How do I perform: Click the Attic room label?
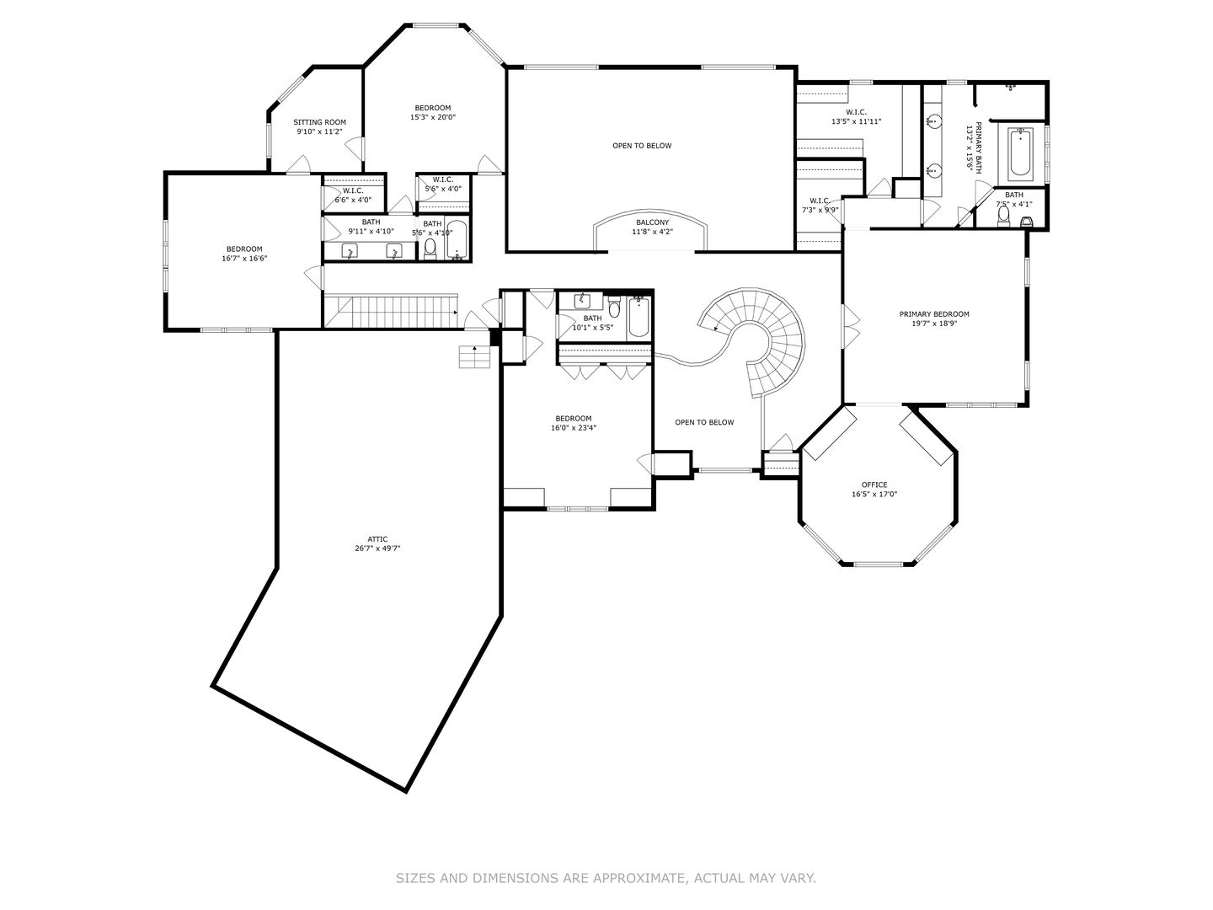coord(377,538)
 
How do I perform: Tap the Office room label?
coord(874,484)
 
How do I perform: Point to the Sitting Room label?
coord(319,122)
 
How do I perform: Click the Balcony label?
coord(652,222)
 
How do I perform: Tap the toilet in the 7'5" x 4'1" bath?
coord(1002,216)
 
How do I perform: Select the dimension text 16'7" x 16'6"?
coord(243,259)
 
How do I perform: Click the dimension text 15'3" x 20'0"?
coord(432,118)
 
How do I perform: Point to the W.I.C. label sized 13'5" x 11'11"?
coord(855,112)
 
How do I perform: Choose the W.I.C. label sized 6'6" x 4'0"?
coord(352,190)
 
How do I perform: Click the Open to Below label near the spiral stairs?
coord(704,422)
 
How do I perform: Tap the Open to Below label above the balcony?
coord(642,146)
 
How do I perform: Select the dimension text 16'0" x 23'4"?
coord(573,428)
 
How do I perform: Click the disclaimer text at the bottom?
coord(606,878)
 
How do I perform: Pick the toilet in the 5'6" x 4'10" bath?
coord(430,247)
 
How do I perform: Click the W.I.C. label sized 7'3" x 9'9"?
coord(819,201)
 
